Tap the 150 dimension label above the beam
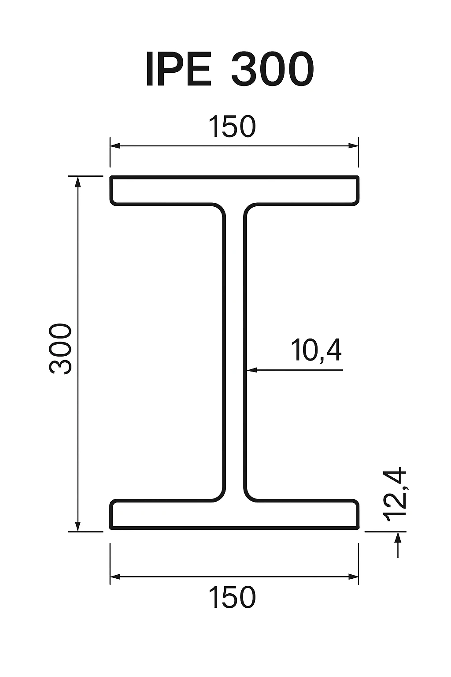click(232, 126)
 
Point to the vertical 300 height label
click(61, 350)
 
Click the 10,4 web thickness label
click(316, 351)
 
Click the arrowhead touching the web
click(251, 370)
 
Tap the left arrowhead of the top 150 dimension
click(115, 146)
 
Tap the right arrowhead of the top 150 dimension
click(353, 146)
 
